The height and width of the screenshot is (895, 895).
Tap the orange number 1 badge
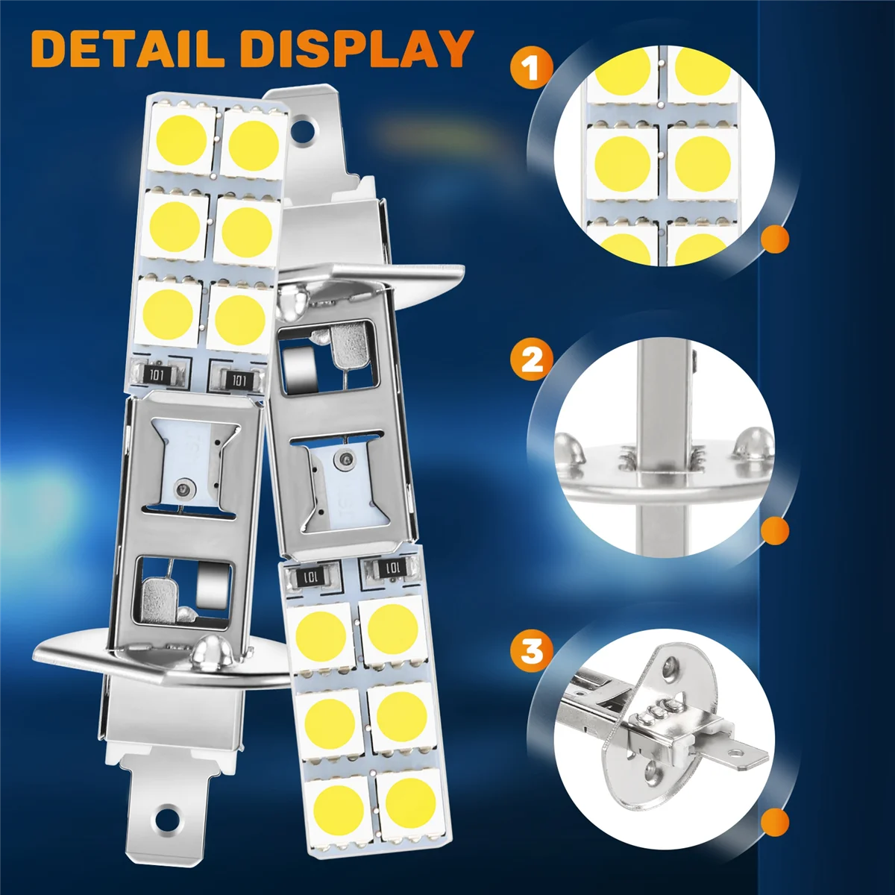(x=532, y=69)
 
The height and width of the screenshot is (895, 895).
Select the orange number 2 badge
(x=532, y=361)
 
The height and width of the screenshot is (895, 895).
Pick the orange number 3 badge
(x=532, y=650)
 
